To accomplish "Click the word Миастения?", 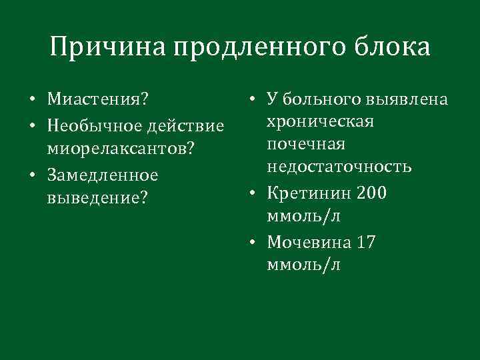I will tap(97, 100).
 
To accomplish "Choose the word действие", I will tap(187, 125).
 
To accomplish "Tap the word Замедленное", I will tap(102, 175).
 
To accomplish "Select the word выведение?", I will tap(97, 199).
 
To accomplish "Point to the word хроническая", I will tap(320, 122).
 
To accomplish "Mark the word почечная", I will tap(305, 145).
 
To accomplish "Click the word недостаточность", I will tap(339, 167).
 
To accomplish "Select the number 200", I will tap(372, 193).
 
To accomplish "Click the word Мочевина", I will tap(309, 242).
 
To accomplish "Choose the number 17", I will tap(366, 242).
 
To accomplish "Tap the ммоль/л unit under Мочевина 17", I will tap(303, 265).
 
